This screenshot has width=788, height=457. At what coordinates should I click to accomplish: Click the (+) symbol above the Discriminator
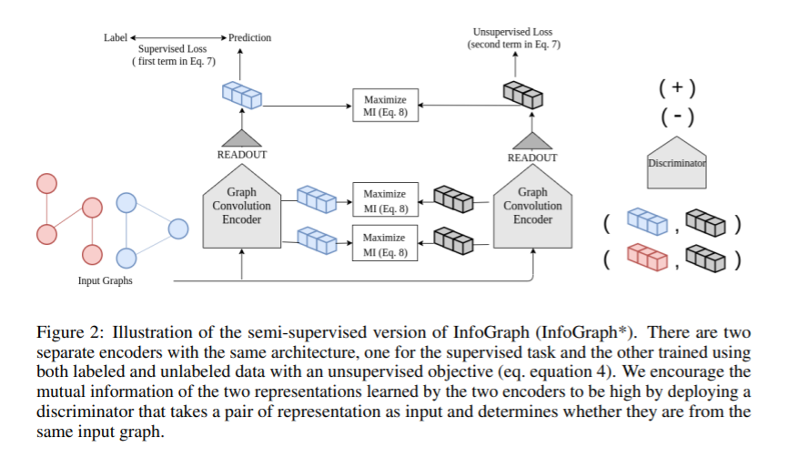677,88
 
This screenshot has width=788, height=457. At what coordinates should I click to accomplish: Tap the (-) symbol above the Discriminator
677,117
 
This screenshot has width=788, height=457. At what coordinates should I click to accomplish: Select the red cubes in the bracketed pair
647,259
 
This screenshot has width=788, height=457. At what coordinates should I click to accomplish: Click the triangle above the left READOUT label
241,137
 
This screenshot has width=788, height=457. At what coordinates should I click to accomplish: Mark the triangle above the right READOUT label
532,138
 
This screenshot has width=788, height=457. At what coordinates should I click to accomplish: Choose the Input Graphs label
105,280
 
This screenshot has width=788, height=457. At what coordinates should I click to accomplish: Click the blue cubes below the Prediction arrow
241,92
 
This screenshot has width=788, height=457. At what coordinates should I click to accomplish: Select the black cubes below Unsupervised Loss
522,92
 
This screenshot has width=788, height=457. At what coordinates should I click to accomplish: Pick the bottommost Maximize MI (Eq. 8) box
385,244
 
